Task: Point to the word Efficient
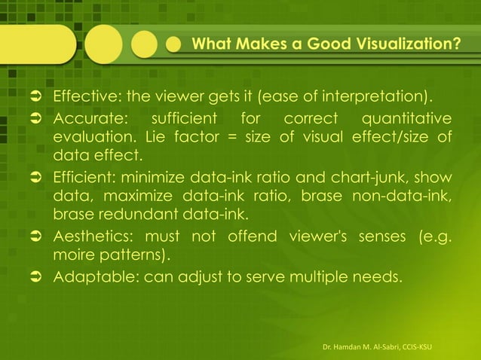[x=81, y=178]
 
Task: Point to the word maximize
[x=142, y=197]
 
